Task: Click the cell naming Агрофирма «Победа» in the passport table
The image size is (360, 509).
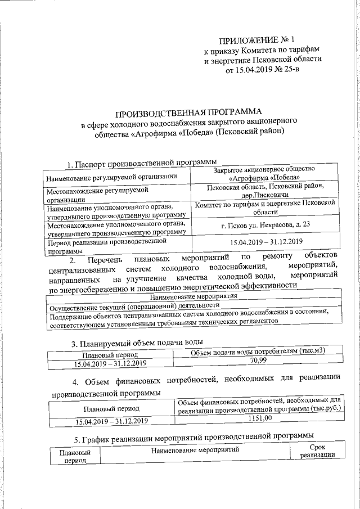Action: click(x=265, y=173)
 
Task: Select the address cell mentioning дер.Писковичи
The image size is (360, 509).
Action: click(x=265, y=191)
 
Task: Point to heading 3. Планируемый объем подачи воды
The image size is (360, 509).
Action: click(x=137, y=342)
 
